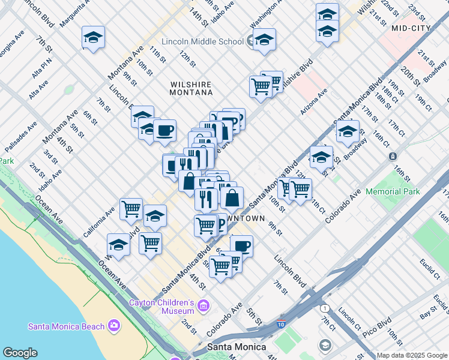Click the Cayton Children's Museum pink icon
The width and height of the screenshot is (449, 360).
203,307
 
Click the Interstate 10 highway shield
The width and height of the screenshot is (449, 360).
282,325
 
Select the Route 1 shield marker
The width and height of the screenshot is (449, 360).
325,308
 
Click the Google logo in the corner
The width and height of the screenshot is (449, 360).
20,353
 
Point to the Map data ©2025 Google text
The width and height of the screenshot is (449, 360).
412,356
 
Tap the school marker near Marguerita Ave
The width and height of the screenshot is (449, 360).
93,38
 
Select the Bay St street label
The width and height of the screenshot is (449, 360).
428,314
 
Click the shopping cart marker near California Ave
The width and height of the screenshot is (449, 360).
131,209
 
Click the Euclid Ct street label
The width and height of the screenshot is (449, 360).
430,269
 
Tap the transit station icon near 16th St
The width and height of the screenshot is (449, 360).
392,156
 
